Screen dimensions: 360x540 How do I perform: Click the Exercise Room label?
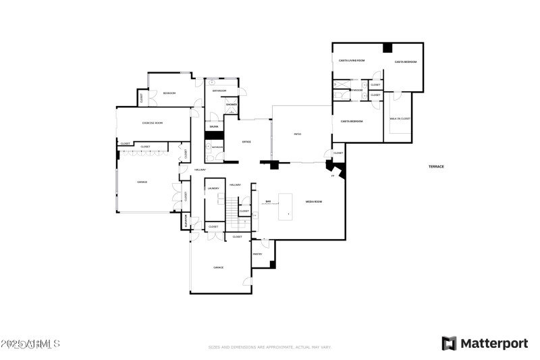coord(152,123)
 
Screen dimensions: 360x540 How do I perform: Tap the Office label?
coord(247,141)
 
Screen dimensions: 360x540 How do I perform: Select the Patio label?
coord(297,134)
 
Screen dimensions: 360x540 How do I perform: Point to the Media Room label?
coord(313,201)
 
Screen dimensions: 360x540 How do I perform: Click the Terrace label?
coord(435,166)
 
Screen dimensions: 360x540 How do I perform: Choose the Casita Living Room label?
coord(352,61)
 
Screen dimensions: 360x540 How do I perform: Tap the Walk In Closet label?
coord(400,119)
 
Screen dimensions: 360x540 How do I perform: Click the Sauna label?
coord(213,126)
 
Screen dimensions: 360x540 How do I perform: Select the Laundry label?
coord(213,188)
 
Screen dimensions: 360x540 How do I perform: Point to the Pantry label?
coord(257,254)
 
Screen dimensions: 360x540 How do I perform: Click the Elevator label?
coord(186,221)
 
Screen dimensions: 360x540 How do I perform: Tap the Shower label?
coord(232,105)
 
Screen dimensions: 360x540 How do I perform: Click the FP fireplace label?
coord(332,176)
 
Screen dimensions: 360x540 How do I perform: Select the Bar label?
coord(268,201)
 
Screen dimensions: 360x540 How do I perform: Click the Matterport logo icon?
coord(449,343)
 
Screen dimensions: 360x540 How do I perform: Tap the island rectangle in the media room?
coord(287,205)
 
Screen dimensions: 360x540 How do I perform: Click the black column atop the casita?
coord(387,47)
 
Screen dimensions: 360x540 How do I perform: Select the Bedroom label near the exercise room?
coord(169,93)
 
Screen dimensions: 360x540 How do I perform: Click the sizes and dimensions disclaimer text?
coord(269,347)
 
